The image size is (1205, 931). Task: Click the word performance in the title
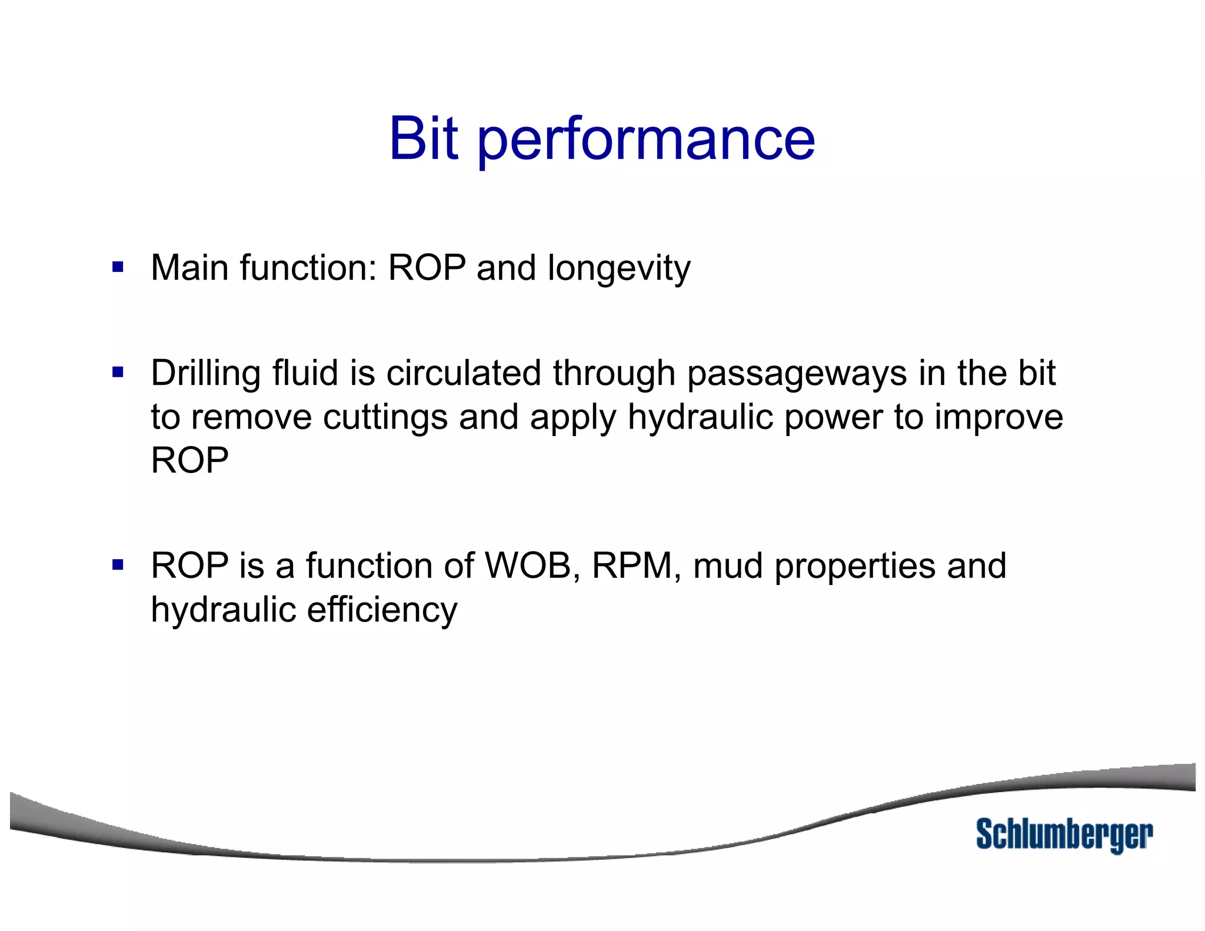tap(646, 141)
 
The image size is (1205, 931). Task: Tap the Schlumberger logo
tap(1064, 834)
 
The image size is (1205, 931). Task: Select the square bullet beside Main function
tap(118, 268)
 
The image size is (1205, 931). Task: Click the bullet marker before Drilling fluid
tap(118, 373)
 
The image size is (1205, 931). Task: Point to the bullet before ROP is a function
tap(118, 566)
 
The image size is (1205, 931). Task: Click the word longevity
tap(619, 270)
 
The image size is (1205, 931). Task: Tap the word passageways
tap(797, 374)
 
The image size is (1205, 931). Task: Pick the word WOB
tap(528, 566)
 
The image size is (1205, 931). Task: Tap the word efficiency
tap(382, 610)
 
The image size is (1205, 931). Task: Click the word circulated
tap(464, 373)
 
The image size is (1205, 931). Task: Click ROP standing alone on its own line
tap(189, 460)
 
